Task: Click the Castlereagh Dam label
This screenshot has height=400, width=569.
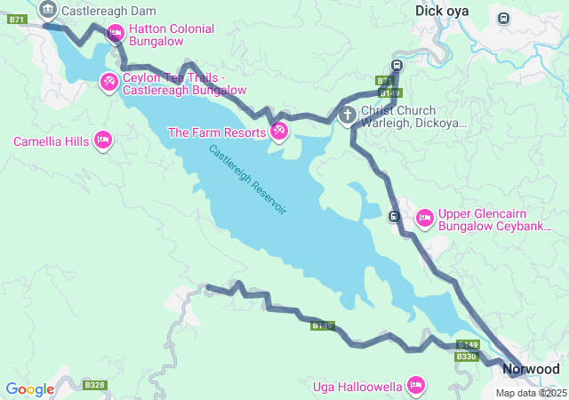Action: pos(108,12)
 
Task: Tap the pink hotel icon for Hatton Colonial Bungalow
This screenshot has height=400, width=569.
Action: pos(115,34)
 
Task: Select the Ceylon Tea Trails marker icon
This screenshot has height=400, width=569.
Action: pos(108,83)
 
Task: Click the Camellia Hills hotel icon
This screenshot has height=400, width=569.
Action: pos(102,141)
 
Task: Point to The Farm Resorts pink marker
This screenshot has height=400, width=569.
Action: pos(279,132)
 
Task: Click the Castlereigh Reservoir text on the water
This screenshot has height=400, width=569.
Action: pos(248,180)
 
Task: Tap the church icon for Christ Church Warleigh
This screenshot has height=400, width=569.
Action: pos(348,115)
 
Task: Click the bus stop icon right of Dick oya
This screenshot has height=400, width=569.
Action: pos(504,18)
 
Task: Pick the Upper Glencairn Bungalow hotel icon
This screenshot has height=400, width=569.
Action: pos(424,218)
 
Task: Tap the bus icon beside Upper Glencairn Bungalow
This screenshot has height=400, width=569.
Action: pos(394,216)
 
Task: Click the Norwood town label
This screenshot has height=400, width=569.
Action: pos(531,369)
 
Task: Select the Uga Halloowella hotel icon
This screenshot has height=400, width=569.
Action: pos(414,385)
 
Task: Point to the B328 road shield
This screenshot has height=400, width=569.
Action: pos(94,385)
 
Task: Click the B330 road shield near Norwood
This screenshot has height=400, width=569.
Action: pos(466,356)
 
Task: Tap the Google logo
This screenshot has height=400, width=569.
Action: pos(29,389)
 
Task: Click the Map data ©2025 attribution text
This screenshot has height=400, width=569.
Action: pos(531,393)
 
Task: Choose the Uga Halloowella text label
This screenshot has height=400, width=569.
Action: pos(358,386)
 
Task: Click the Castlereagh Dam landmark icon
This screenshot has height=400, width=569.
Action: pos(48,11)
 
